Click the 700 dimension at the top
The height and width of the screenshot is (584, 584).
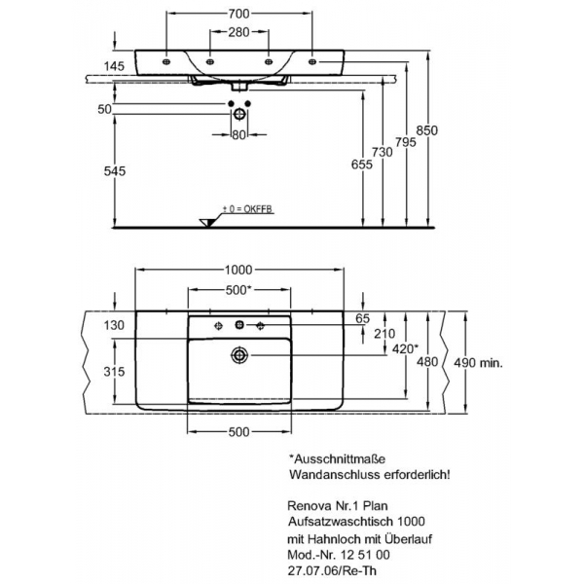[238, 14]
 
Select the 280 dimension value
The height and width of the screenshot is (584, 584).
[238, 32]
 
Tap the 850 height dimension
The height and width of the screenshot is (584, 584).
[427, 130]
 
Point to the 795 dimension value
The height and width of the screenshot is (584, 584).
[406, 142]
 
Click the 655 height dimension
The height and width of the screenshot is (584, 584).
[362, 164]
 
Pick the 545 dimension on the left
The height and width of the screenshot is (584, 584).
[115, 171]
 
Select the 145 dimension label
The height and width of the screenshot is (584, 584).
[114, 66]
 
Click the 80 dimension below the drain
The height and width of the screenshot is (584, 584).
[238, 135]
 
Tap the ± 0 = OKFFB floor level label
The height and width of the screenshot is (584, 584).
[247, 209]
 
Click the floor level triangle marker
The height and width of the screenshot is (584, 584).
[207, 222]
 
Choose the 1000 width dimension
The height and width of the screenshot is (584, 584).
[238, 270]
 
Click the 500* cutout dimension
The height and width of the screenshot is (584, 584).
[237, 290]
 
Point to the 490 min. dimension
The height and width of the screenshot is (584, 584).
[478, 362]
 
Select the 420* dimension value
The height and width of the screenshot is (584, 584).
[405, 349]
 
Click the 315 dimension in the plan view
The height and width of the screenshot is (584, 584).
[114, 372]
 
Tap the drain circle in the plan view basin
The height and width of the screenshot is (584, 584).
[238, 355]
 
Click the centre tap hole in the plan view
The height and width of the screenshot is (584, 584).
[239, 325]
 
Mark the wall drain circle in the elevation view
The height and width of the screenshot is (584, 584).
[238, 114]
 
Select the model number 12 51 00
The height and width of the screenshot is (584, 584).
[365, 555]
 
